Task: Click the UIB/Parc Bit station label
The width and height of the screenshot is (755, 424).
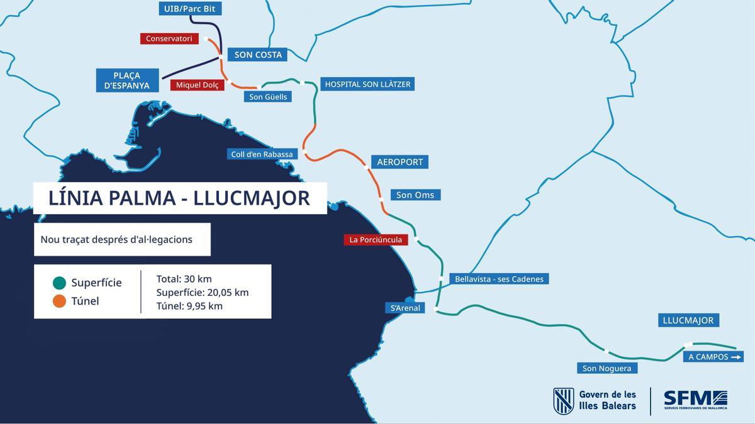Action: click(189, 9)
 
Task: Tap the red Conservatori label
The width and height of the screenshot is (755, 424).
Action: click(169, 39)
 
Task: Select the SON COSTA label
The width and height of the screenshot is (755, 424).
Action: click(257, 55)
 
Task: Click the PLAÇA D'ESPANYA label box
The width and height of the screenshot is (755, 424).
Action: click(128, 80)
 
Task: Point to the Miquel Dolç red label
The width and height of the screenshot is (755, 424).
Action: click(197, 85)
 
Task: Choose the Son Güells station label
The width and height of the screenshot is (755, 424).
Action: click(268, 97)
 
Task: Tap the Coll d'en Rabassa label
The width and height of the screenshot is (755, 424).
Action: click(262, 154)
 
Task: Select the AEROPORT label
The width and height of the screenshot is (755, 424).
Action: click(400, 162)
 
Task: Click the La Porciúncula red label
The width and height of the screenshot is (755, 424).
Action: click(376, 239)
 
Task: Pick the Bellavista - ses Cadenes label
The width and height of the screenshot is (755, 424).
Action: click(499, 279)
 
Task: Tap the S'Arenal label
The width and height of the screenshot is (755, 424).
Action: click(405, 308)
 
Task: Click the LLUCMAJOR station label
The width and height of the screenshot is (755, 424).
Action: click(688, 320)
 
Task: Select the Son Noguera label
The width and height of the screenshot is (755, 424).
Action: click(607, 368)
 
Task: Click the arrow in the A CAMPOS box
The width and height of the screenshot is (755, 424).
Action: click(737, 357)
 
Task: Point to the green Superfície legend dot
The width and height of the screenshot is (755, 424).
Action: click(60, 283)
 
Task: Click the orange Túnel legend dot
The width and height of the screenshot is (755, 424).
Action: click(60, 301)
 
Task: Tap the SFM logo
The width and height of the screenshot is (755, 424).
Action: click(695, 400)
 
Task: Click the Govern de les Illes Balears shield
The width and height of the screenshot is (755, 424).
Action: click(563, 401)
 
